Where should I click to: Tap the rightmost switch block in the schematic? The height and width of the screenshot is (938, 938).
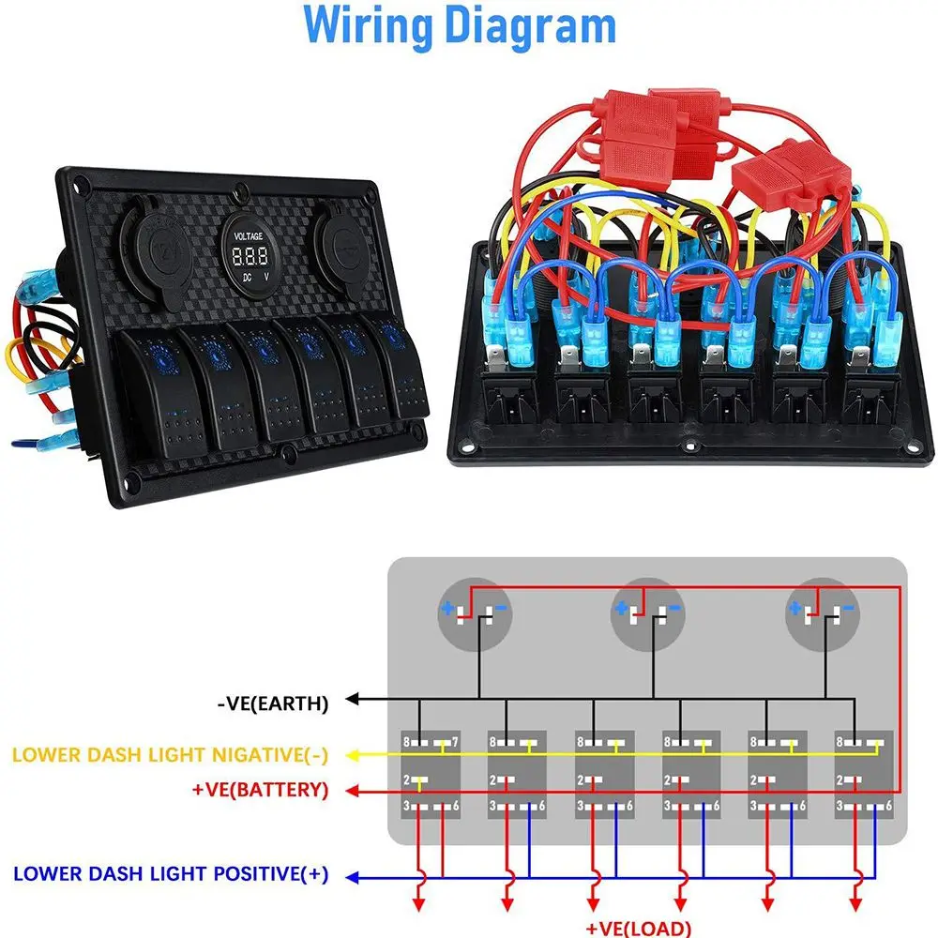[x=863, y=773]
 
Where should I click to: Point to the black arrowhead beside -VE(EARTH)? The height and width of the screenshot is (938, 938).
[x=353, y=699]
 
